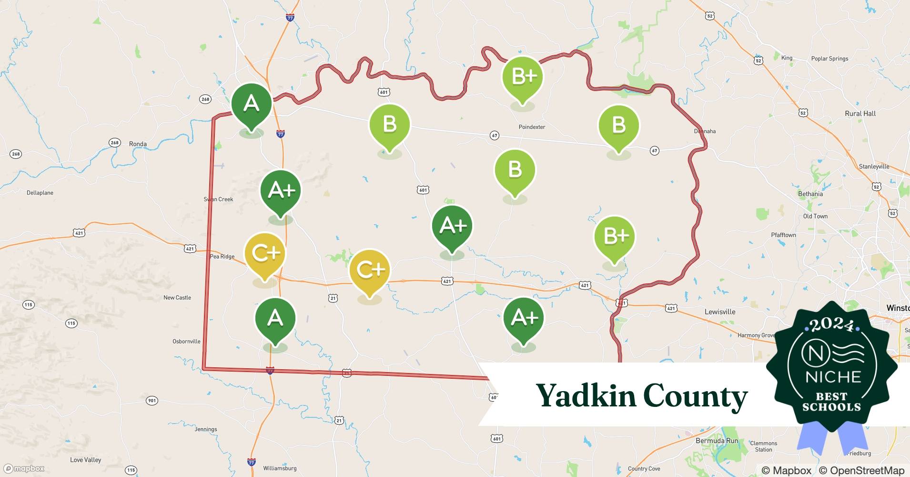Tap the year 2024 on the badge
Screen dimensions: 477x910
[x=832, y=325]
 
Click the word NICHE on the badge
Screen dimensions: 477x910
[x=833, y=377]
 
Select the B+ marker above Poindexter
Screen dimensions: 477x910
[x=523, y=77]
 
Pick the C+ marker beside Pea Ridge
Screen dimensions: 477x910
[x=264, y=253]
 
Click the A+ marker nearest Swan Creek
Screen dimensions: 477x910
[x=281, y=191]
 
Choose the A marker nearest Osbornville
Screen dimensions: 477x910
[x=275, y=318]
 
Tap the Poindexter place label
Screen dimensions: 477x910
[x=532, y=127]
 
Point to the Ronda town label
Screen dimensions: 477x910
[x=138, y=144]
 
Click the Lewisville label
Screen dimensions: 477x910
[x=719, y=312]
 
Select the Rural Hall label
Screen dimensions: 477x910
[x=860, y=114]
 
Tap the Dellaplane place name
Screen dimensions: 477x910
[x=40, y=193]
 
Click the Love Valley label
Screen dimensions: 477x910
[x=86, y=460]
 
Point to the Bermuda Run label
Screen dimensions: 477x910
[x=717, y=441]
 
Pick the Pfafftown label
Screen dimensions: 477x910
[x=783, y=235]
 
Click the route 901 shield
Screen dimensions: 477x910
[x=152, y=401]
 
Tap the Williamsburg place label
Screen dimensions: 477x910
[x=280, y=468]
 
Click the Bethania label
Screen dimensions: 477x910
[x=810, y=194]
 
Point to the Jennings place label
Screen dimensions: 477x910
[x=206, y=429]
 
